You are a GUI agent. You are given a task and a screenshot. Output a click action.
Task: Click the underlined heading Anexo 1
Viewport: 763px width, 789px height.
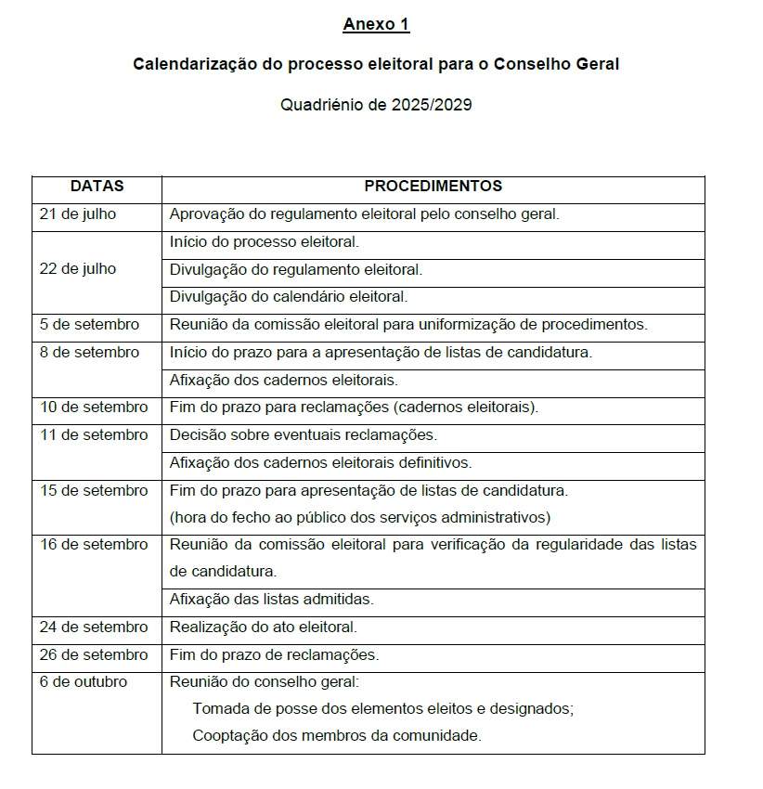376,25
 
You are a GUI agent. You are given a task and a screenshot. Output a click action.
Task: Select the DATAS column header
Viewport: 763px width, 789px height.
97,187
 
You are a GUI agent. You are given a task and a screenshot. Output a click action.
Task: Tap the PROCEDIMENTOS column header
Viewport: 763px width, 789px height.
433,187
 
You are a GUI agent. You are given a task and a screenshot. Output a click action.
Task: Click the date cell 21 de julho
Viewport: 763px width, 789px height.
78,214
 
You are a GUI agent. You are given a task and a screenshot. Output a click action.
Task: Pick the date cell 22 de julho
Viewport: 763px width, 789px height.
78,269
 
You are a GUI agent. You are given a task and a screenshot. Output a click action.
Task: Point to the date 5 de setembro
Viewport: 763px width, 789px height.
90,325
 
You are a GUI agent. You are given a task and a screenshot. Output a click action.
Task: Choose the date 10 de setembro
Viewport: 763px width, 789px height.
94,407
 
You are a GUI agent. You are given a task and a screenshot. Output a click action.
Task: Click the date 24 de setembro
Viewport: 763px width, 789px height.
94,627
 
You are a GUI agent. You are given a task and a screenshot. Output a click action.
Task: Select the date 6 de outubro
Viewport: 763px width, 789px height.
84,682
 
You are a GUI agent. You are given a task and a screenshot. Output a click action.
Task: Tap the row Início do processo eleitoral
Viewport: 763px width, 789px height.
265,242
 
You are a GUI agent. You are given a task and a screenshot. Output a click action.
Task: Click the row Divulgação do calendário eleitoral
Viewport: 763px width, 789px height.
289,297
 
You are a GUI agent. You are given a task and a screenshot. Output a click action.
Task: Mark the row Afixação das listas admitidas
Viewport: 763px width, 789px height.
272,600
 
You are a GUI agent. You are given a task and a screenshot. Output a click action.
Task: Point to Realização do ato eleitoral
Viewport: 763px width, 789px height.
264,627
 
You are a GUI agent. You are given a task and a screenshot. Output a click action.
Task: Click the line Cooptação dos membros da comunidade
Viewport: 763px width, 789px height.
337,736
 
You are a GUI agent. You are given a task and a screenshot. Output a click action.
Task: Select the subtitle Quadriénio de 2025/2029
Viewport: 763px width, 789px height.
376,105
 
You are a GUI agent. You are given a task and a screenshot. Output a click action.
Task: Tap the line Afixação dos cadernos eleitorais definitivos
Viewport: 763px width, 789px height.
320,462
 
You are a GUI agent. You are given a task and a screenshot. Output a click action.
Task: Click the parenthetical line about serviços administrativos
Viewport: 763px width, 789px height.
360,517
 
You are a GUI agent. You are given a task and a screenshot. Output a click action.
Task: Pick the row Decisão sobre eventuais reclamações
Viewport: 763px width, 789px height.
304,434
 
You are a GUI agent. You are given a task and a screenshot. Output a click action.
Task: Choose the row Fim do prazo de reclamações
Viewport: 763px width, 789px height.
275,655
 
